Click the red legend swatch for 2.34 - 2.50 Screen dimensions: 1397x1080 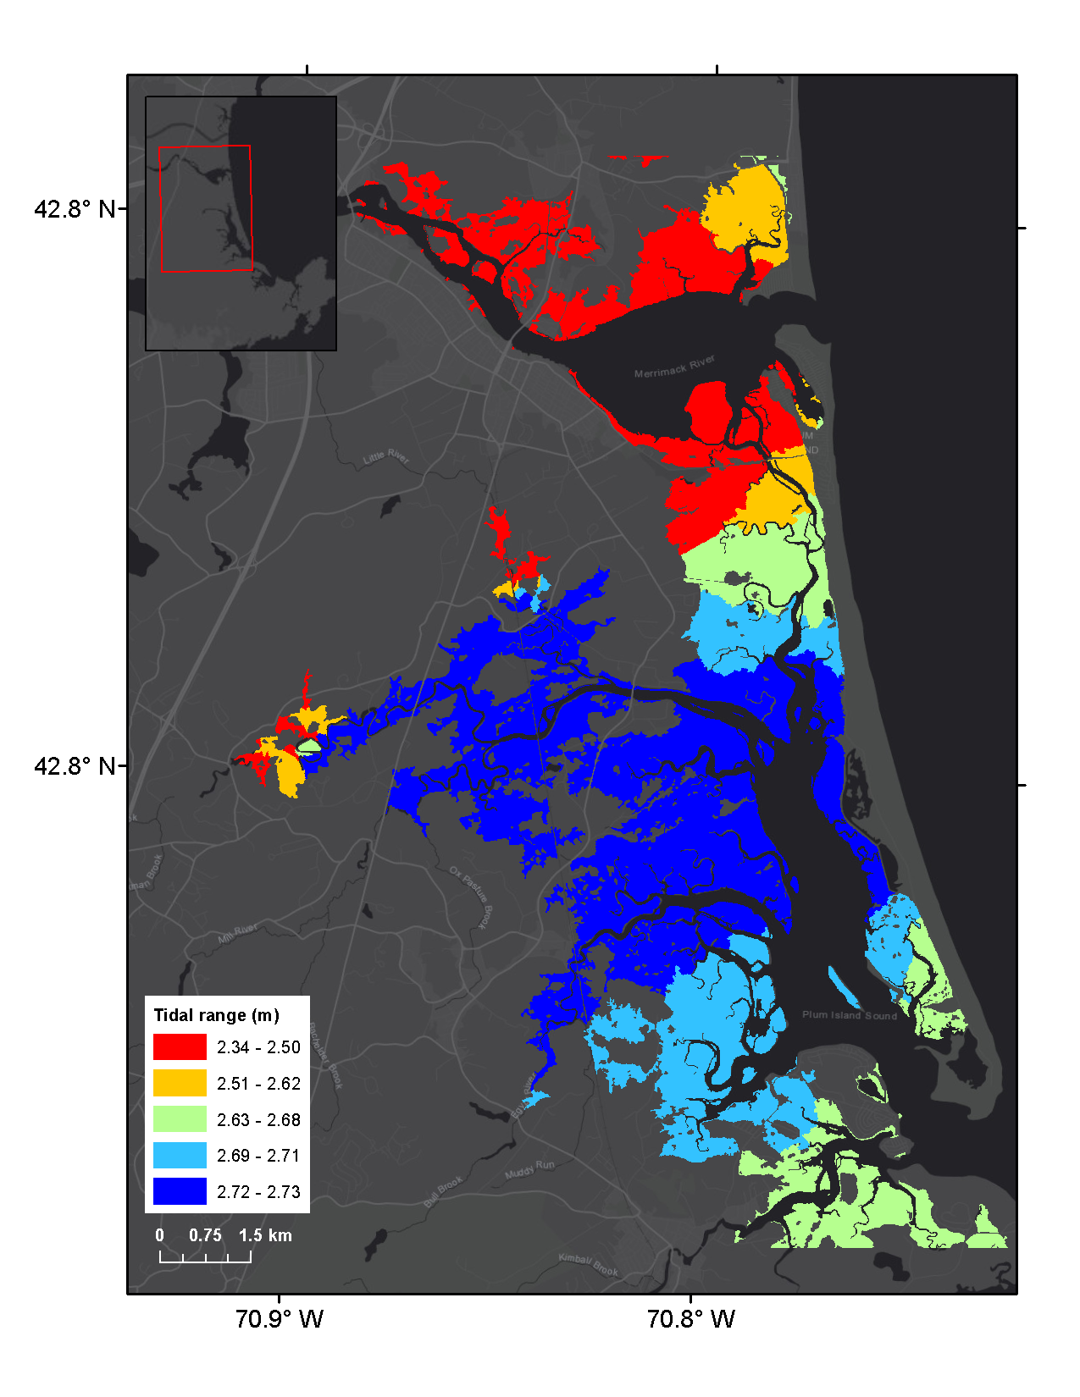[x=180, y=1046]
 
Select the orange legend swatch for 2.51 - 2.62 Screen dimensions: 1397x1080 [x=180, y=1083]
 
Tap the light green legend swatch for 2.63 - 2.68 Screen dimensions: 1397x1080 [x=180, y=1119]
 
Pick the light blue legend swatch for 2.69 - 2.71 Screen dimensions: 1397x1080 [x=180, y=1155]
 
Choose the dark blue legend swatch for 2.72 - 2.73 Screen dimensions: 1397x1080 [x=180, y=1191]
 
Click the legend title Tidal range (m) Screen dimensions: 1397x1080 [x=216, y=1015]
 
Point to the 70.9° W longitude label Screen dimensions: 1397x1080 [x=280, y=1319]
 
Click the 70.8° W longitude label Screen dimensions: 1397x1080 [x=691, y=1319]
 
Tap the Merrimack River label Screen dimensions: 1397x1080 [x=674, y=367]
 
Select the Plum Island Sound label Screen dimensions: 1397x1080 [x=849, y=1014]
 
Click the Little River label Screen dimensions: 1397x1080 [x=386, y=458]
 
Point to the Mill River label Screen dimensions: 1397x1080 [x=237, y=934]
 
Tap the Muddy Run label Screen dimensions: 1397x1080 [x=529, y=1170]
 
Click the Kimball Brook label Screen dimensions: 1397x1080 [x=589, y=1265]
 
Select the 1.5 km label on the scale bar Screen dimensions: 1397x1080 [x=265, y=1235]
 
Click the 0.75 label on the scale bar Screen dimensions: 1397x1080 [x=205, y=1235]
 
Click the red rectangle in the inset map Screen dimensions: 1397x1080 [x=206, y=208]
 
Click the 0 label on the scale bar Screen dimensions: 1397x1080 [x=159, y=1235]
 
